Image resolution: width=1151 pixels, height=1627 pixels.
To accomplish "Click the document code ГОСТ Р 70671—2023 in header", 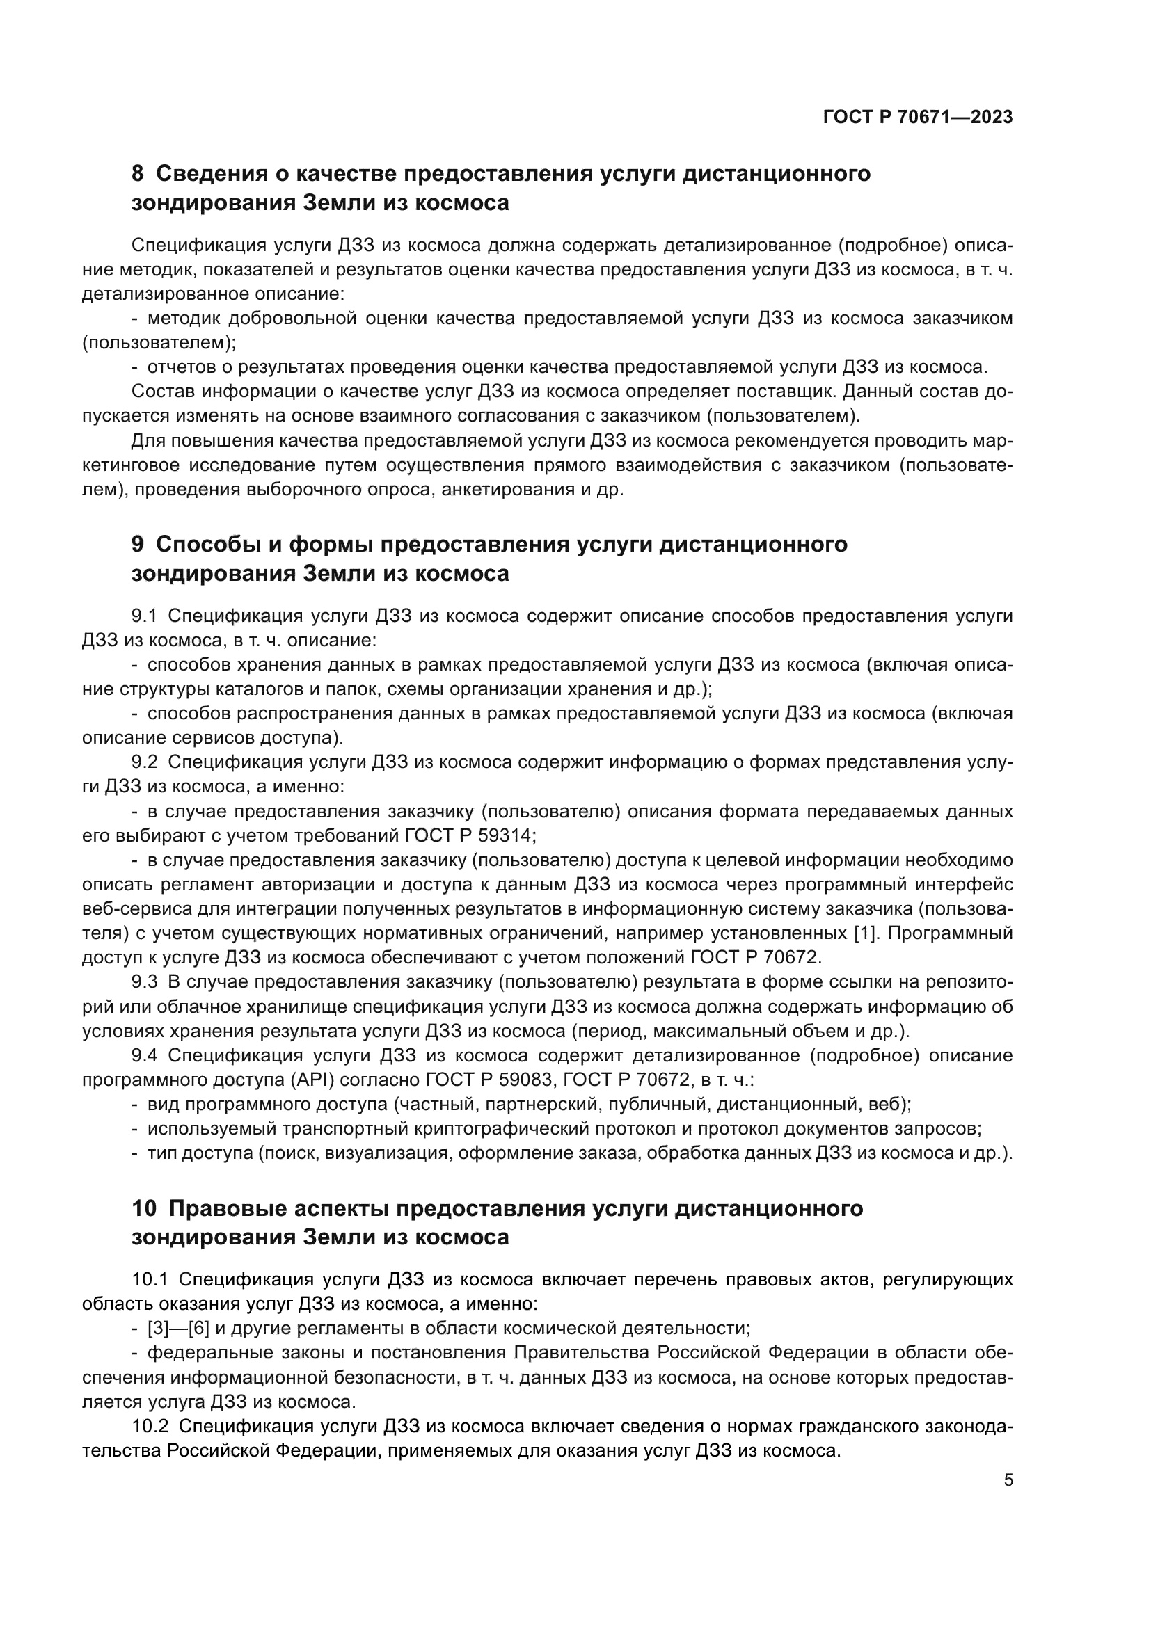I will point(918,118).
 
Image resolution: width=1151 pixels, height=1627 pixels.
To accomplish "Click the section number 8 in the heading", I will point(138,174).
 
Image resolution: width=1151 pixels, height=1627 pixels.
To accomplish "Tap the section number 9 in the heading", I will point(138,544).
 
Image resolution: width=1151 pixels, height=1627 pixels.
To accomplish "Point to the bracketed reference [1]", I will point(865,934).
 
